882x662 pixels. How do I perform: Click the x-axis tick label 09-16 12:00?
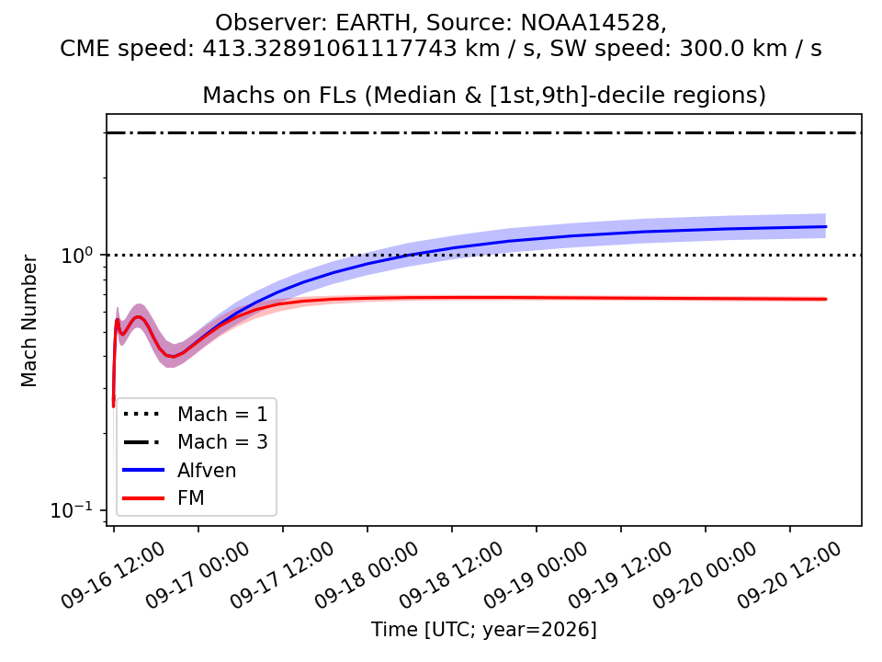113,576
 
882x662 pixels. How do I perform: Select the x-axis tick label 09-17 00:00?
198,576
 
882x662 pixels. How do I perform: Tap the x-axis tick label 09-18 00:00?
367,576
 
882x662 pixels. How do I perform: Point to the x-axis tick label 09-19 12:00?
620,576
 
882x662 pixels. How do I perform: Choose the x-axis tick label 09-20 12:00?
789,576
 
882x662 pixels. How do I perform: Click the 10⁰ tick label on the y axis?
76,255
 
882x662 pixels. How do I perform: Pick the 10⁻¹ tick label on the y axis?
71,510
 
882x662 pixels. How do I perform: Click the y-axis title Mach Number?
28,321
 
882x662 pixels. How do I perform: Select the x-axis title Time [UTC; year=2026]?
484,630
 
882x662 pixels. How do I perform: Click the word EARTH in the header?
374,22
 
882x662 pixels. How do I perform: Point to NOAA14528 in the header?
590,22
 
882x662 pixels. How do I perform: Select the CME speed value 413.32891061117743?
329,49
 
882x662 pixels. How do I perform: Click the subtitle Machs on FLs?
279,96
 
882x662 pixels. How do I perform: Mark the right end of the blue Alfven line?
826,226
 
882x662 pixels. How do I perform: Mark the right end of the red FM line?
826,299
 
